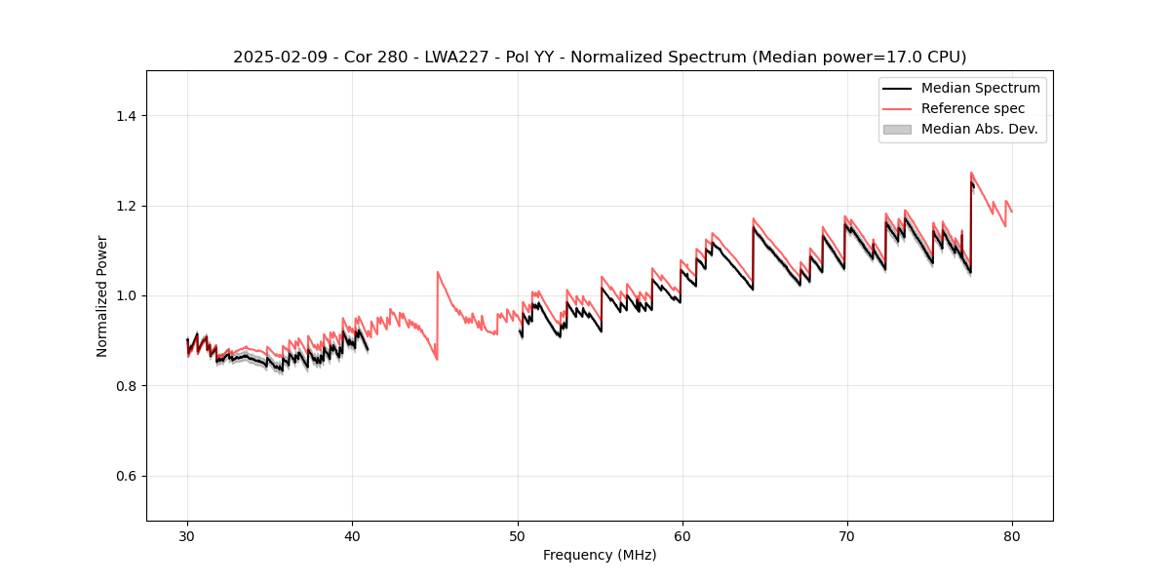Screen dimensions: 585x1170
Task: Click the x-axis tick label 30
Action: tap(187, 536)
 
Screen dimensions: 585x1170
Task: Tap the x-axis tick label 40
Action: tap(352, 536)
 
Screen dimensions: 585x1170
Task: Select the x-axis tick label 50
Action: tap(518, 536)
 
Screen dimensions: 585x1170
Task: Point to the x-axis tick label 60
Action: tap(682, 536)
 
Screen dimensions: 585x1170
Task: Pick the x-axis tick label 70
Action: tap(847, 536)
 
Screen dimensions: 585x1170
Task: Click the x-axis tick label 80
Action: tap(1012, 536)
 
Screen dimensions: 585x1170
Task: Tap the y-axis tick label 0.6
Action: tap(127, 476)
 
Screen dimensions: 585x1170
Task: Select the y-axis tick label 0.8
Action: tap(127, 386)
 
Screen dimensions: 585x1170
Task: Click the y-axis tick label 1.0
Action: tap(127, 295)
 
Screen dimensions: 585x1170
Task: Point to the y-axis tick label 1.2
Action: tap(127, 206)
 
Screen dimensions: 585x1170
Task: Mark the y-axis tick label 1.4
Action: tap(127, 116)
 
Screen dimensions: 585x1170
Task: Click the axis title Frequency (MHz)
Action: tap(600, 555)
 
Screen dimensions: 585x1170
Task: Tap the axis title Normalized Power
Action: tap(102, 295)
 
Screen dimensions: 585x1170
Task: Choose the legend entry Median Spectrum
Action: tap(980, 88)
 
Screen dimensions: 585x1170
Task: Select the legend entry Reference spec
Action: tap(972, 108)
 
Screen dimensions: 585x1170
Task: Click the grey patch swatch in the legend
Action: tap(897, 129)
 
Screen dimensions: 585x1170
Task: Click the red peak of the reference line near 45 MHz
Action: tap(438, 272)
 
